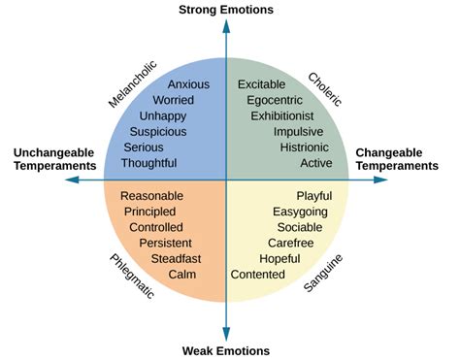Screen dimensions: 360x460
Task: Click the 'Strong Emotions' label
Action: [226, 10]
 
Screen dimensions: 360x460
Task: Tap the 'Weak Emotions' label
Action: [226, 350]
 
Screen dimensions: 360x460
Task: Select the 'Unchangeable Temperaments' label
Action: [54, 159]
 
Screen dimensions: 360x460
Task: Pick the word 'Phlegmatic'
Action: [130, 276]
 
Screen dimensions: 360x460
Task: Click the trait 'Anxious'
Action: [188, 84]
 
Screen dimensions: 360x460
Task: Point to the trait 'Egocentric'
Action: [276, 100]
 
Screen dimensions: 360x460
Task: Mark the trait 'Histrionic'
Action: [305, 147]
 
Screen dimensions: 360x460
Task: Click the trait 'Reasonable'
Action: [153, 196]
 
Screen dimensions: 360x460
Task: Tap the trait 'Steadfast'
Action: [174, 258]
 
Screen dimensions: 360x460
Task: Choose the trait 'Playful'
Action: [313, 196]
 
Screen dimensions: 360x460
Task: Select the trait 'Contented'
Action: [257, 275]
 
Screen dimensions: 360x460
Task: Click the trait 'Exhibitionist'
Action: [282, 115]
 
